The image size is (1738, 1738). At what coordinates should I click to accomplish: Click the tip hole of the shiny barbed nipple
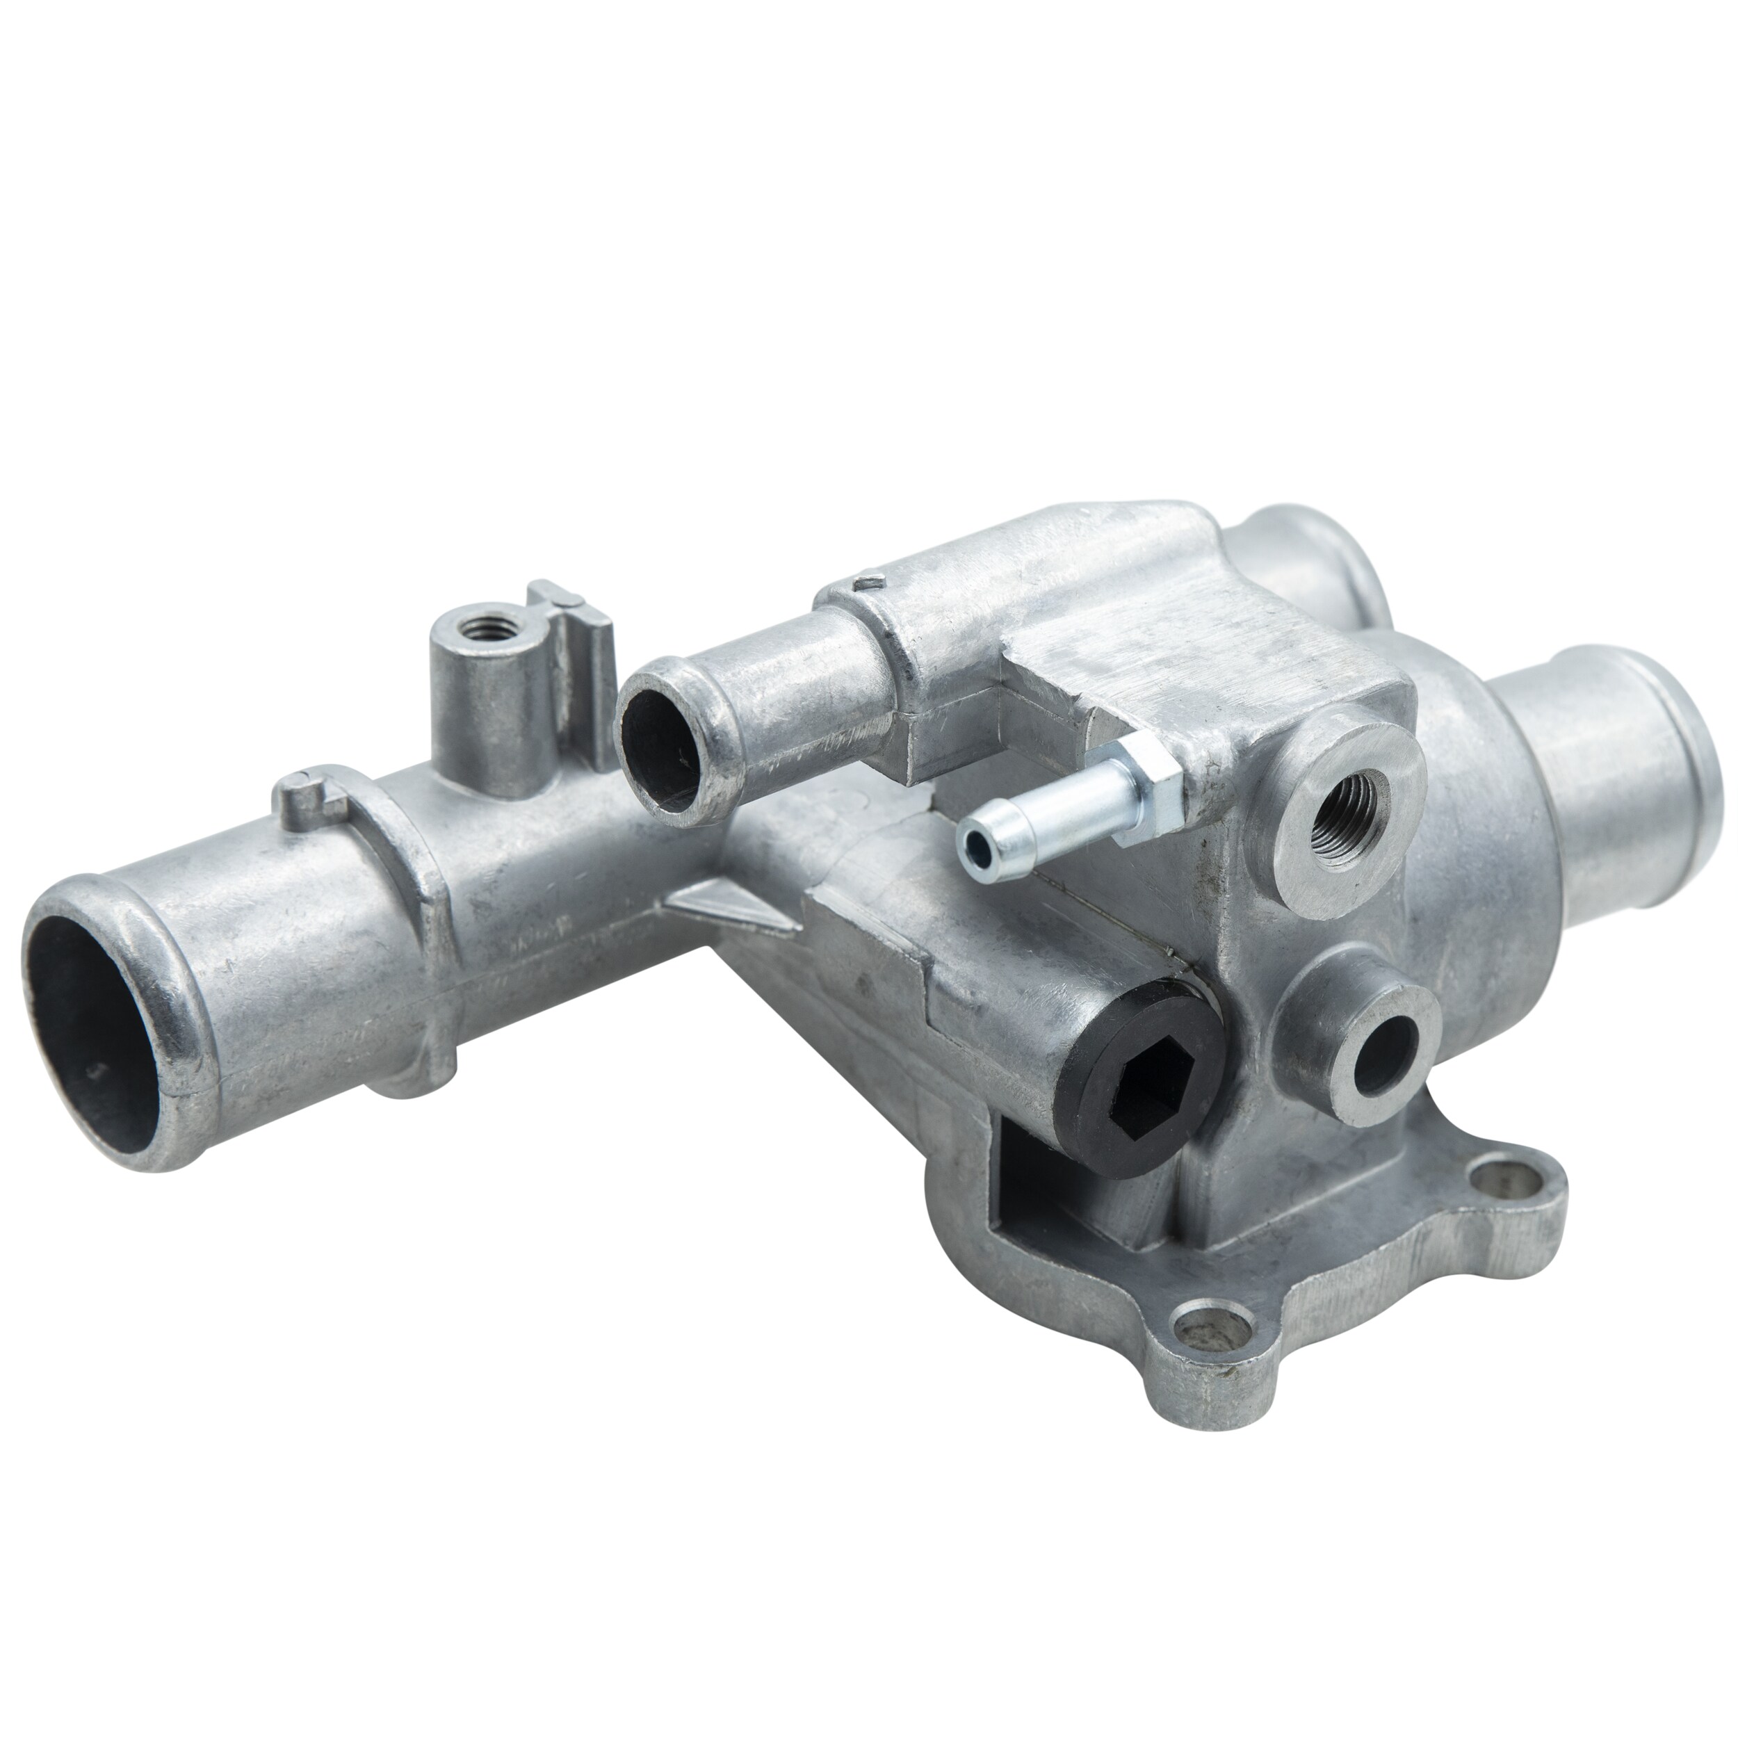click(x=973, y=845)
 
